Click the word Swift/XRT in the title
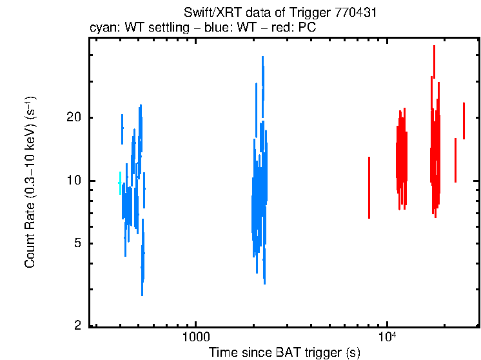[x=206, y=12]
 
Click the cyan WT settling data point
[x=119, y=183]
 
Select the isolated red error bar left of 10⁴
[x=369, y=187]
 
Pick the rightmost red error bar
[x=464, y=121]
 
